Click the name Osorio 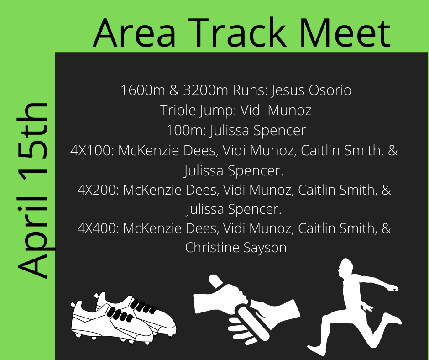pos(330,90)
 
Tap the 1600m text pos(143,90)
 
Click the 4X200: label pos(98,190)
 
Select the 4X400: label pos(98,228)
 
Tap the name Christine pos(212,247)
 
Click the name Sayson pos(265,248)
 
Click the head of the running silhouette pos(345,267)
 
